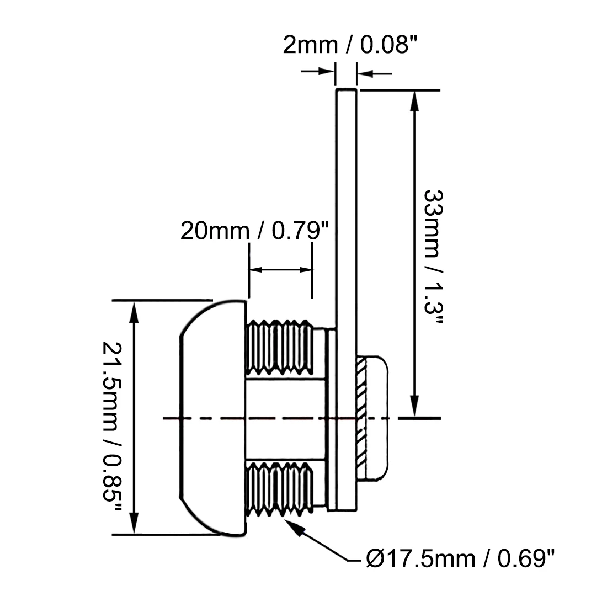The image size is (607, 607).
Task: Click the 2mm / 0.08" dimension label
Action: (350, 45)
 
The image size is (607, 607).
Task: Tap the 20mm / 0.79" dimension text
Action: (254, 231)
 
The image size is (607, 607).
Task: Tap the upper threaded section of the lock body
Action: (280, 347)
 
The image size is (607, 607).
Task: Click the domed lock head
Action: (212, 418)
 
